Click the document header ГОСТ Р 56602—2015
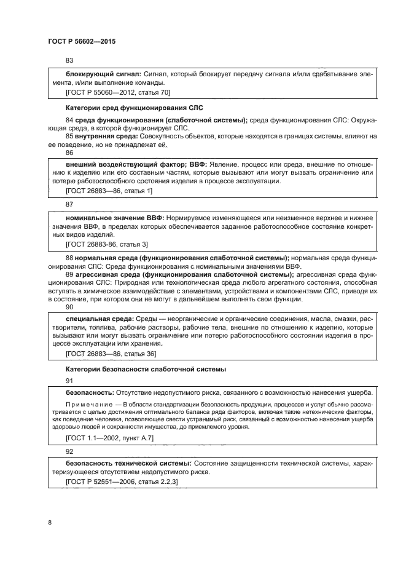[x=81, y=41]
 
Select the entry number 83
[x=69, y=60]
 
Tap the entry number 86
[x=69, y=152]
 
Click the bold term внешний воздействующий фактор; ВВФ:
[x=136, y=165]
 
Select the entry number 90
[x=69, y=306]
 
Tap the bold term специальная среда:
[x=99, y=319]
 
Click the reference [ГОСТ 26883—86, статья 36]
[x=111, y=354]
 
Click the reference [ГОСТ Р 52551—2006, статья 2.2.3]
[x=121, y=482]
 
